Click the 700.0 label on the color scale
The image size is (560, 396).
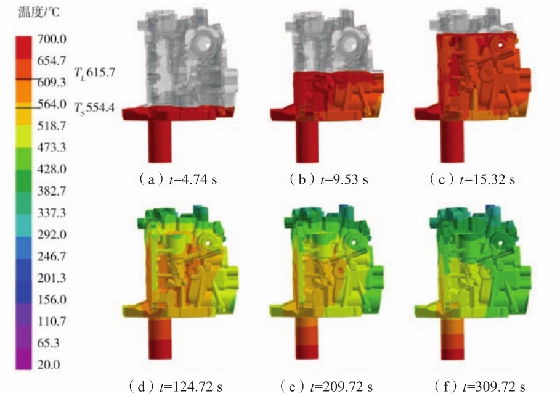(x=52, y=39)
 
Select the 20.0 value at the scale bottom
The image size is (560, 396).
(x=49, y=365)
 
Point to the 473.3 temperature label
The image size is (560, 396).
(x=52, y=147)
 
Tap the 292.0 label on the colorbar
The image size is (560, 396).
(x=52, y=234)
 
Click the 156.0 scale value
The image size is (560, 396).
(x=52, y=299)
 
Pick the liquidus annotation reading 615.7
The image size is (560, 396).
(x=95, y=73)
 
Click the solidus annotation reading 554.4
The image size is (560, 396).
(x=95, y=107)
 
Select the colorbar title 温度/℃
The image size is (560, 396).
(x=39, y=12)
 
